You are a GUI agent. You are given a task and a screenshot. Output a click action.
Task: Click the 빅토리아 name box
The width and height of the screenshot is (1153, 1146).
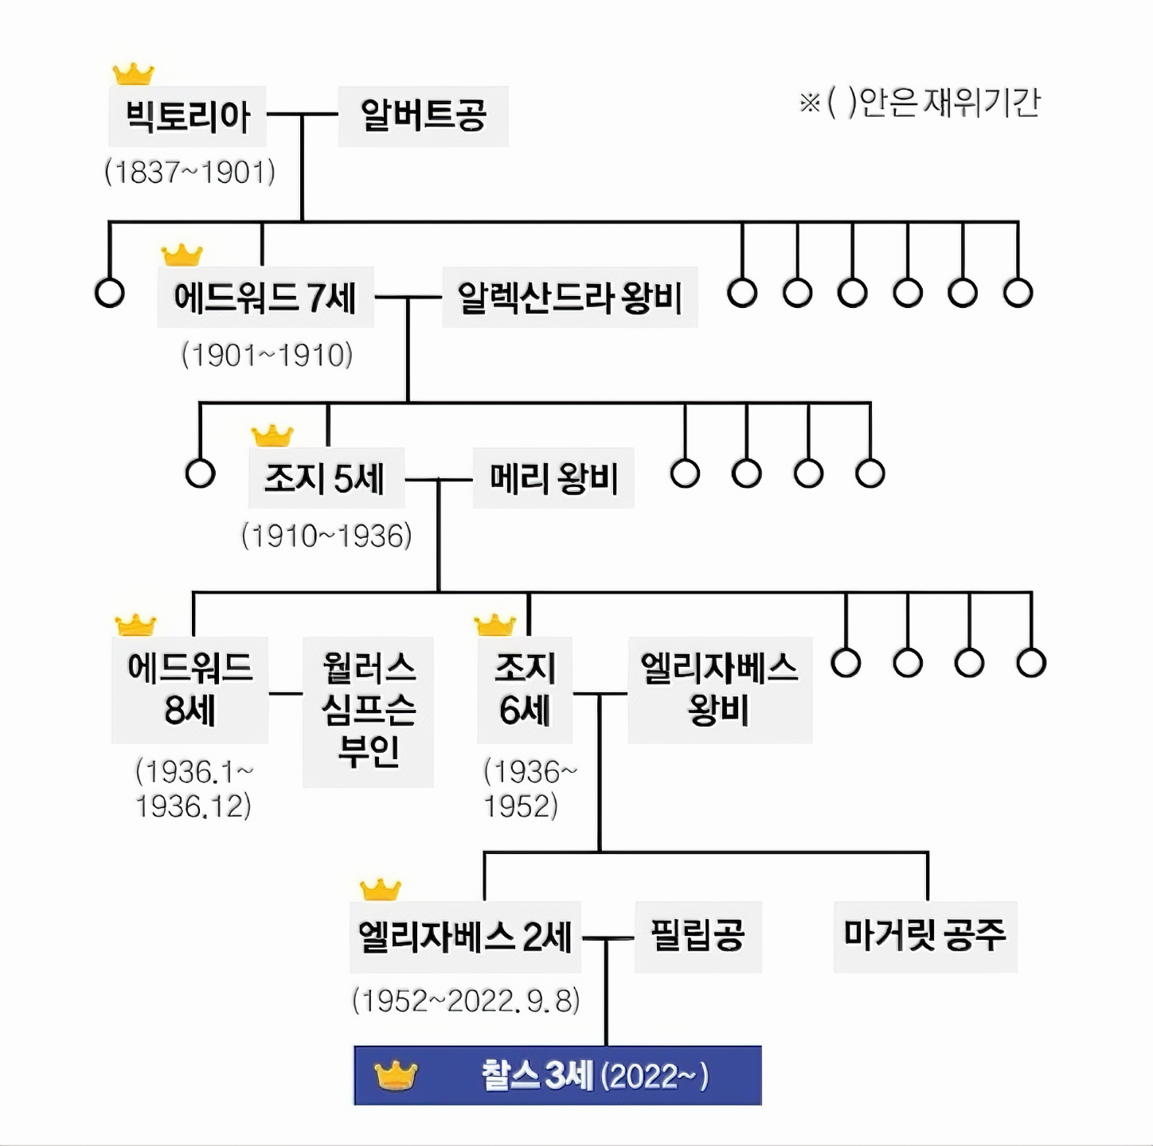[187, 116]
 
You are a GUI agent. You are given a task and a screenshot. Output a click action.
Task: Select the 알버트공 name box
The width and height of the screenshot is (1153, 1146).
[423, 116]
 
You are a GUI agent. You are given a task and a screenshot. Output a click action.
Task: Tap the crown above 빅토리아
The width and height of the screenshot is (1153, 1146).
[133, 74]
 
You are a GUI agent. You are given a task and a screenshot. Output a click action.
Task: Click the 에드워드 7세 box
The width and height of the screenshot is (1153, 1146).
[265, 298]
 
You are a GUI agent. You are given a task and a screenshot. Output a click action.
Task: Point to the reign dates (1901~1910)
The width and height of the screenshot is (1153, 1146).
[267, 355]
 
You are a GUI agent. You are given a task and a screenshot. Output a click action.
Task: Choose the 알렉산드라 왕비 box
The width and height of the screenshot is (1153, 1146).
[569, 298]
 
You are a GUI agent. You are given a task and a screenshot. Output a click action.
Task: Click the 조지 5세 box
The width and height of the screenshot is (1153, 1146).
[326, 478]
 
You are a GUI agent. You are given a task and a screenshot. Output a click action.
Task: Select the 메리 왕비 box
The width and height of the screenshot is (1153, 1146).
[553, 478]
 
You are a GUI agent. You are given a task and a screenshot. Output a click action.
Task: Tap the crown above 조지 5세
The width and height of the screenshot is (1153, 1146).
[272, 435]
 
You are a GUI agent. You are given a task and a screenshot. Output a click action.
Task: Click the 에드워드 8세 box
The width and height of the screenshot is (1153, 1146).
[190, 690]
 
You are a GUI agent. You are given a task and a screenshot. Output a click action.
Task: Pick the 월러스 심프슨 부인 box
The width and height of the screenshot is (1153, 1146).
[368, 711]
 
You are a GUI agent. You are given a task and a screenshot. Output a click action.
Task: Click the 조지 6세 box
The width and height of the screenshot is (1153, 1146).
[524, 690]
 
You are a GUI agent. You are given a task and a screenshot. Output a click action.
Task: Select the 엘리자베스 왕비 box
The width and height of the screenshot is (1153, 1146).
[720, 690]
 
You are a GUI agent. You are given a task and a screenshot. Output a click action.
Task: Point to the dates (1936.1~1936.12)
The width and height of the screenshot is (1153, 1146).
[193, 789]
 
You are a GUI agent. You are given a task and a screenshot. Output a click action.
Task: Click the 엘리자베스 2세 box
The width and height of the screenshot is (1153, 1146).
[465, 937]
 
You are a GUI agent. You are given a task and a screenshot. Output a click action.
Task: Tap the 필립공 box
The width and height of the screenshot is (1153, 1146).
[698, 937]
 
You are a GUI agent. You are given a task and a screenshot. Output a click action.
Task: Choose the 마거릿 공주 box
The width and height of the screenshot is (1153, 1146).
[924, 937]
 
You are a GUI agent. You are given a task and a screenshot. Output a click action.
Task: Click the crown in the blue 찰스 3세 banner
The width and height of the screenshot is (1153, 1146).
[396, 1076]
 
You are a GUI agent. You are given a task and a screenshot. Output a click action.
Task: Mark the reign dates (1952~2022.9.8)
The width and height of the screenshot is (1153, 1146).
[466, 1000]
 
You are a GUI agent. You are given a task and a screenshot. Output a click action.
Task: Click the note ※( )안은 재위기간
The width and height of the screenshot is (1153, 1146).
[920, 102]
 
